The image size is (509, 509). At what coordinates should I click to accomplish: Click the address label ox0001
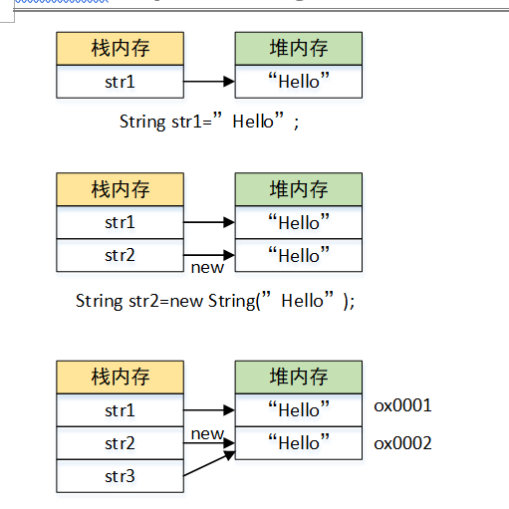402,406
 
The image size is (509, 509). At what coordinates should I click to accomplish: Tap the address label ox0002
402,443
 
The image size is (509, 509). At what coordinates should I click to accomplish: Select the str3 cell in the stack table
120,476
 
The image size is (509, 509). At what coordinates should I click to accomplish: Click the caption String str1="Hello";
209,122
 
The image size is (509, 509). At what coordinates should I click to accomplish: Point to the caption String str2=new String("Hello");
214,300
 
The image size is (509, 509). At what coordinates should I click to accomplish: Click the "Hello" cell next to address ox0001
298,409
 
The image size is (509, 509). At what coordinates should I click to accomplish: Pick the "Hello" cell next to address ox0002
298,443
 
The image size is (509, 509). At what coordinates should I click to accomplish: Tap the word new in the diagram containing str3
207,433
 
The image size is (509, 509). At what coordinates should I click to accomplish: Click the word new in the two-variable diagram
207,267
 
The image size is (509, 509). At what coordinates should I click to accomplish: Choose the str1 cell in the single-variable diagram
120,82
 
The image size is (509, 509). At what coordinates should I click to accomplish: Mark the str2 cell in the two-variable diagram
120,255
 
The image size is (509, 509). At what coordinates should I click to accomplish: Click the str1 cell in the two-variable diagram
120,222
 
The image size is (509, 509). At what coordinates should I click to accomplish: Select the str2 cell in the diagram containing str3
120,443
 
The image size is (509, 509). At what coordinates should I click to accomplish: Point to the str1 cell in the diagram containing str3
120,409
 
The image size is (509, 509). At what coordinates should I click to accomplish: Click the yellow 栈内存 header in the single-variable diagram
120,48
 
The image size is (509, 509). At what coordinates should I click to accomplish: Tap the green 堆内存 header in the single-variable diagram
298,48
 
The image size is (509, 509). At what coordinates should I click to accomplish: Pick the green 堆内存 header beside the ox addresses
298,377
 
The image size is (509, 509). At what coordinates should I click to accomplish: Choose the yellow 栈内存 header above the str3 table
120,377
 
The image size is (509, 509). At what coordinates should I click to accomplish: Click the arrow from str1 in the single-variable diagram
209,82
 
